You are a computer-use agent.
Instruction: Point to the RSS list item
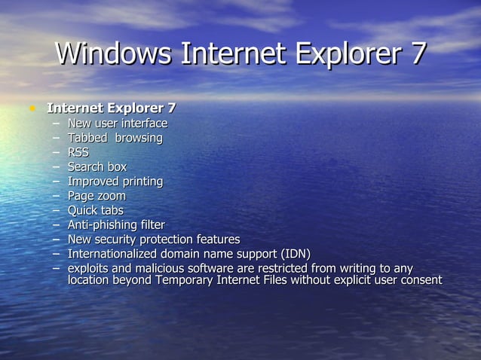(78, 152)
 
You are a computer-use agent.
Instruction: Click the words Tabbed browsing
(115, 138)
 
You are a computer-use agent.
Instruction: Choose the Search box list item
(97, 166)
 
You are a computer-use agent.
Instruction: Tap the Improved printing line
(115, 182)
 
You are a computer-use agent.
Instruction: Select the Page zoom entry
(97, 196)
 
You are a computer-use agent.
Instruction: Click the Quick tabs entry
(95, 210)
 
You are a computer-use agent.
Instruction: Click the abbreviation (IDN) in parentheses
(296, 253)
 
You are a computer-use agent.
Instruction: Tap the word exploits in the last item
(89, 268)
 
